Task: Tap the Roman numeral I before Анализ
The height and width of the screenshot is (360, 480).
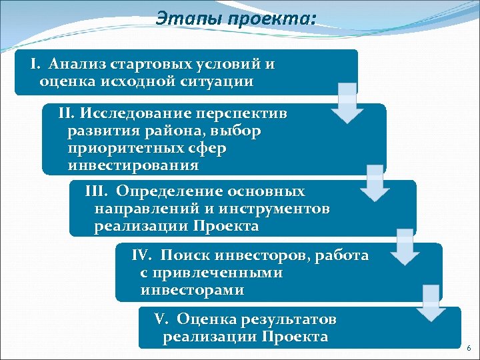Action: (x=35, y=65)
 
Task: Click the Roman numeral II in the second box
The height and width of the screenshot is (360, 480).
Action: (x=68, y=113)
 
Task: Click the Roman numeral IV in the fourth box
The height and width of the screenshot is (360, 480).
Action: (x=142, y=255)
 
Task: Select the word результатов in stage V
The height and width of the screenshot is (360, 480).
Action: (x=289, y=319)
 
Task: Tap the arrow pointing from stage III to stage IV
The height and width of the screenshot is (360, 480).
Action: (x=406, y=245)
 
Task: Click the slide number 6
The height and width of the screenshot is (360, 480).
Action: (x=469, y=349)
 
